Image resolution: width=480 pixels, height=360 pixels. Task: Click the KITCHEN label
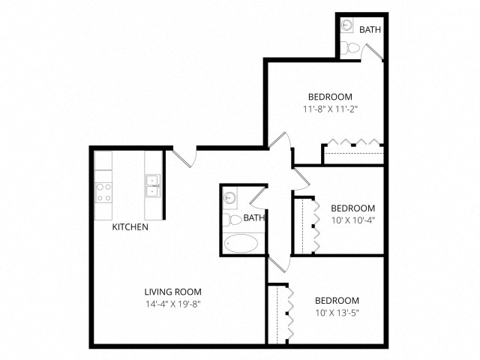(x=130, y=226)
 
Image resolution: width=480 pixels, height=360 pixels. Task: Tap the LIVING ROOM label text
(x=173, y=292)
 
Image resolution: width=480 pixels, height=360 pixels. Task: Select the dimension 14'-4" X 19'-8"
(x=173, y=304)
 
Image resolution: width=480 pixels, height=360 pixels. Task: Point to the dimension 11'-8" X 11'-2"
(x=330, y=109)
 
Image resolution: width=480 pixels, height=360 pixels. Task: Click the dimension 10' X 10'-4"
(x=352, y=220)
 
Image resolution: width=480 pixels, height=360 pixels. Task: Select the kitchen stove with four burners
(x=103, y=192)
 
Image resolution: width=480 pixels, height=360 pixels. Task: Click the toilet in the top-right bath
(x=350, y=48)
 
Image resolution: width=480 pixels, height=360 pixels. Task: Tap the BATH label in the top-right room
(x=370, y=30)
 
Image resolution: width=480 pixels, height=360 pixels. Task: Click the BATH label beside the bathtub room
(x=254, y=218)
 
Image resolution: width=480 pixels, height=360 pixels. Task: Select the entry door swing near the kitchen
(x=184, y=157)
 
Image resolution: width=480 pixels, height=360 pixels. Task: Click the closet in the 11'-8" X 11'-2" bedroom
(x=352, y=154)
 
